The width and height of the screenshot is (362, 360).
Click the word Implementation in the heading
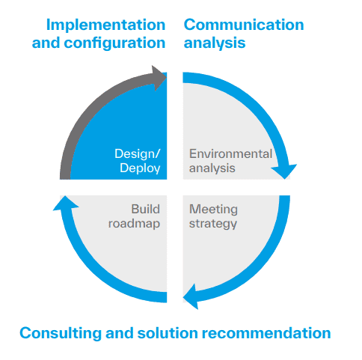point(105,25)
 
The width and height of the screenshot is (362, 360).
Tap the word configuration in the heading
point(114,43)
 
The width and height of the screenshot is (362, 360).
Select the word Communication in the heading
point(244,25)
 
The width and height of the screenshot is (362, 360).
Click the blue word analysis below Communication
point(215,43)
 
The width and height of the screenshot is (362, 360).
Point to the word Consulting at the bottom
point(61,333)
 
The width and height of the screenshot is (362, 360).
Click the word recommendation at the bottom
point(266,333)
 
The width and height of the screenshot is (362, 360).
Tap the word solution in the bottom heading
point(168,333)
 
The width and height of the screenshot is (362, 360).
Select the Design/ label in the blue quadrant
point(138,153)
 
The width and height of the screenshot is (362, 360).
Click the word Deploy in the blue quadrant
point(140,168)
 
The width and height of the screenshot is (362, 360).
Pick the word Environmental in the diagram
point(230,153)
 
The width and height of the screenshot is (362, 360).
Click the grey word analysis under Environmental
point(212,168)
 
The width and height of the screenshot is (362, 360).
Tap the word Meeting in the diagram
point(213,209)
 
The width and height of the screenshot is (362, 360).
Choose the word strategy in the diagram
point(213,224)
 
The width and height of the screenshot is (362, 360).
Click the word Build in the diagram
point(145,209)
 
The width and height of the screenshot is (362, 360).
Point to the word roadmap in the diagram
point(134,224)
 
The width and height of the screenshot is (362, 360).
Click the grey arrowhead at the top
point(159,78)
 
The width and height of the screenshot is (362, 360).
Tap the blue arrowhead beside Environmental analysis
point(283,171)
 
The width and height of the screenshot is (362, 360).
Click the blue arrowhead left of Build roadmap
point(66,203)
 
